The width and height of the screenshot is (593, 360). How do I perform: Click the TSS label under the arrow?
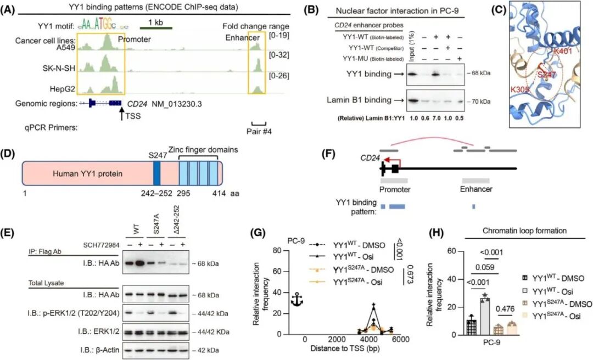132,117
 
